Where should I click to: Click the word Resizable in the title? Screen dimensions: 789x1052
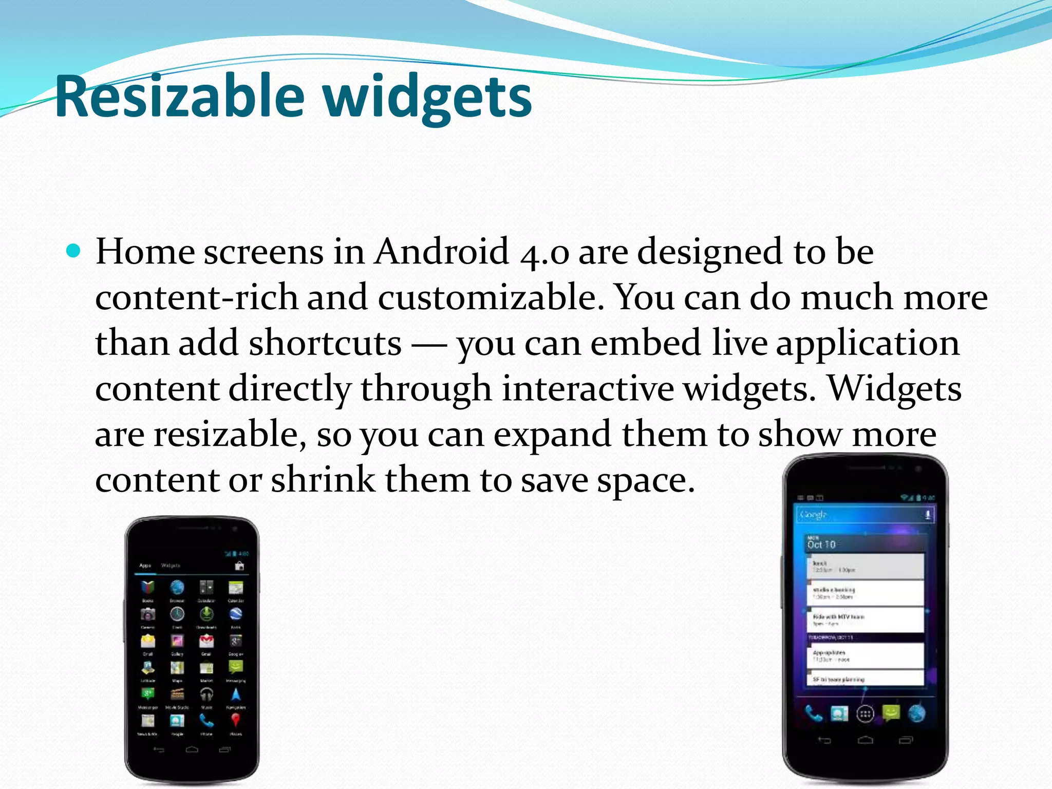[x=180, y=97]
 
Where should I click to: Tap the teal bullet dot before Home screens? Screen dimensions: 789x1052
[x=74, y=251]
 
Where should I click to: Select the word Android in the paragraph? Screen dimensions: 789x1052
[x=441, y=252]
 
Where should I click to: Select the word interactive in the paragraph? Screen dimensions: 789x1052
[x=587, y=388]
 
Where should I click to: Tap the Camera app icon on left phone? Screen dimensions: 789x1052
[x=148, y=614]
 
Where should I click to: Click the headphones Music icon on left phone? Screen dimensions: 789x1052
[x=206, y=694]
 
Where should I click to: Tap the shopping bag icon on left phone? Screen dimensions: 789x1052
[x=239, y=566]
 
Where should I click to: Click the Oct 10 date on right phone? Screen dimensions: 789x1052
[x=821, y=544]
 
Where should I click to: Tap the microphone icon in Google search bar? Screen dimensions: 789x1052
[x=928, y=515]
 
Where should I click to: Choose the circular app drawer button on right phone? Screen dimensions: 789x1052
[x=866, y=713]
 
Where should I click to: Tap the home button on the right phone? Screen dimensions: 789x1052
[x=866, y=740]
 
